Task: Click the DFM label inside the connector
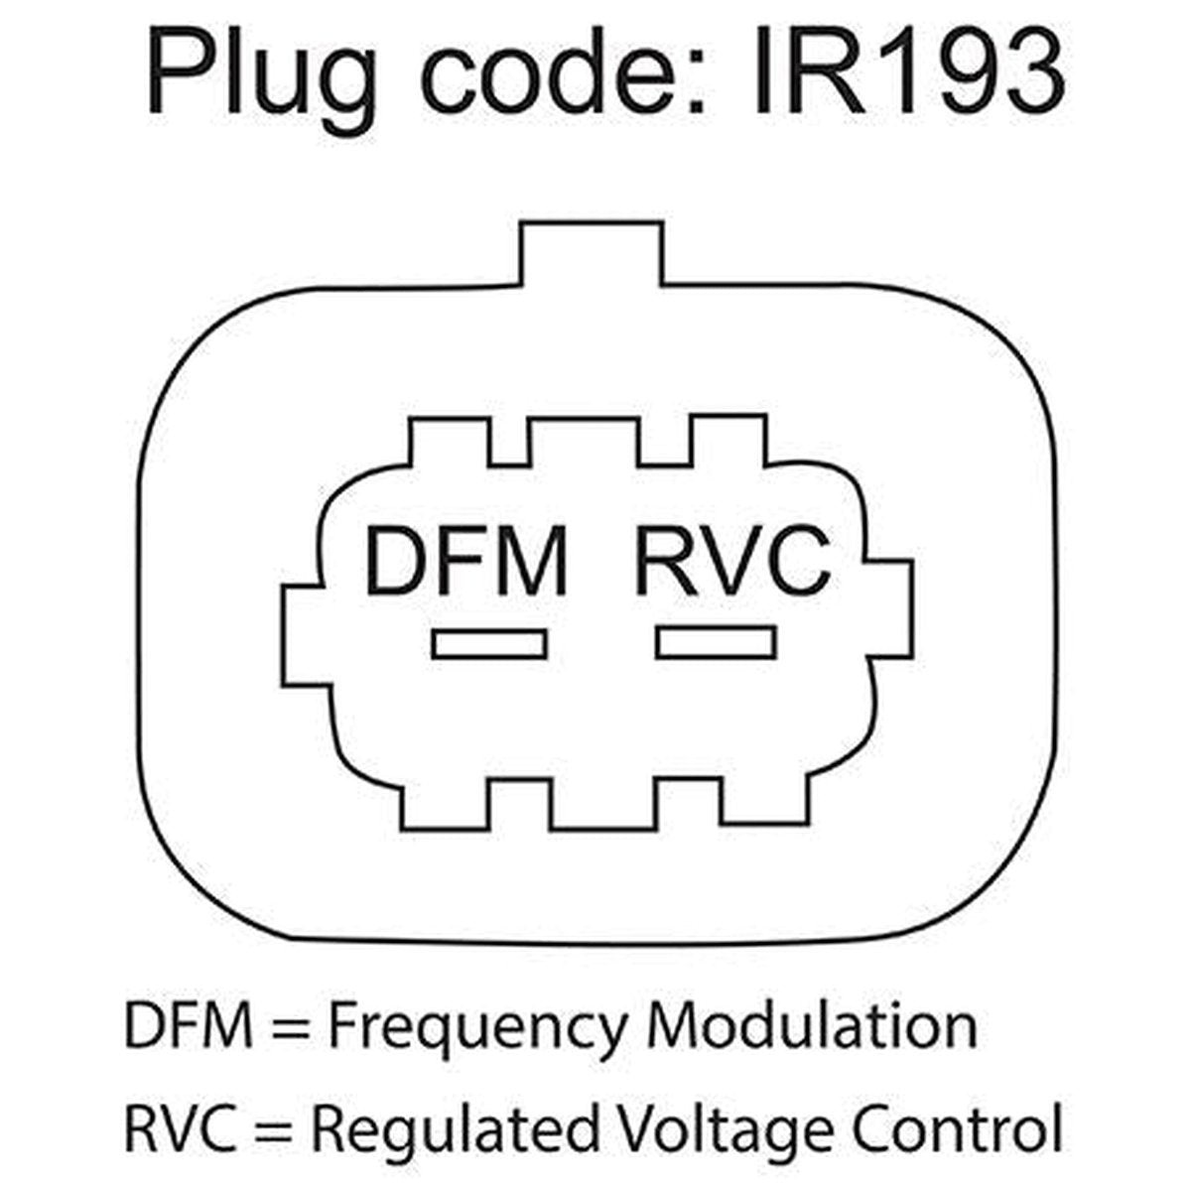click(465, 560)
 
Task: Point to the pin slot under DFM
click(489, 644)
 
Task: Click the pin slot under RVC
click(716, 642)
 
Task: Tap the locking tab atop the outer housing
click(592, 253)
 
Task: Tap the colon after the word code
click(697, 81)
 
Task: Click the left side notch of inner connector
click(304, 635)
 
